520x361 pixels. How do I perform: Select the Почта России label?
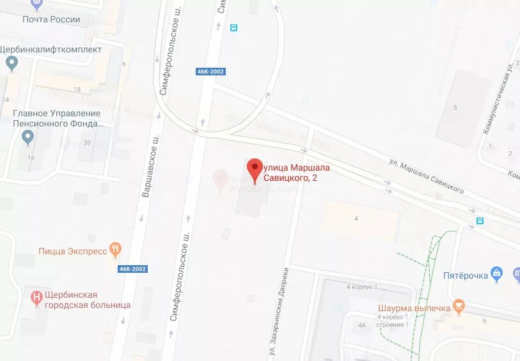pyautogui.click(x=51, y=19)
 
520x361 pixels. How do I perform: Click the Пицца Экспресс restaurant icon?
pyautogui.click(x=116, y=250)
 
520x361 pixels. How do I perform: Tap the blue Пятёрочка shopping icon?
pyautogui.click(x=498, y=275)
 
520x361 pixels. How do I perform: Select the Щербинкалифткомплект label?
pyautogui.click(x=51, y=49)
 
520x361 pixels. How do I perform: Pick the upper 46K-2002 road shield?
pyautogui.click(x=210, y=72)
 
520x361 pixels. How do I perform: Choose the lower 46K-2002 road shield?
pyautogui.click(x=133, y=269)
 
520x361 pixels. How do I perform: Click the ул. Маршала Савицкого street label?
pyautogui.click(x=426, y=176)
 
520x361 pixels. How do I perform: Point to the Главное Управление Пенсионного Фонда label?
pyautogui.click(x=57, y=118)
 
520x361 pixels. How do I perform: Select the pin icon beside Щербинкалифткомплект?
pyautogui.click(x=11, y=63)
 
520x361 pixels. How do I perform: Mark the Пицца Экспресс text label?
pyautogui.click(x=73, y=251)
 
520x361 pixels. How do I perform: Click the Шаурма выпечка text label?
pyautogui.click(x=414, y=308)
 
